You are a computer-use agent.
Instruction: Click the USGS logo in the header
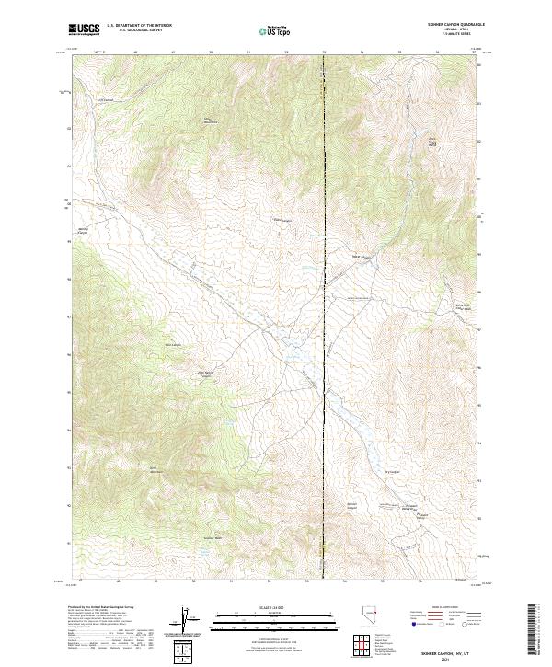85,30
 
